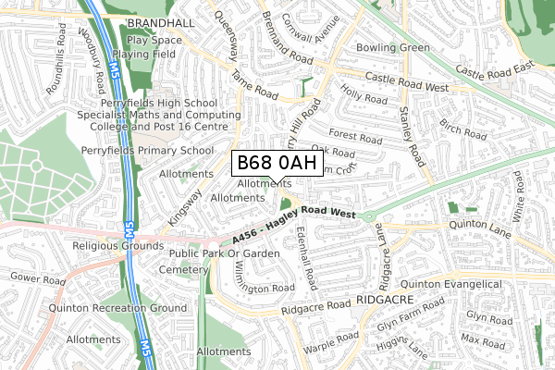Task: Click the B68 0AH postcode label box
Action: tap(277, 165)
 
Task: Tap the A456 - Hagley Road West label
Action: tap(295, 225)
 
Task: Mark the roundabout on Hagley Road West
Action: tap(370, 217)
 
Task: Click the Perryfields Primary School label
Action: tap(159, 150)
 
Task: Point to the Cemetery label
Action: tap(183, 269)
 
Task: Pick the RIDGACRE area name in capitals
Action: tap(380, 302)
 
